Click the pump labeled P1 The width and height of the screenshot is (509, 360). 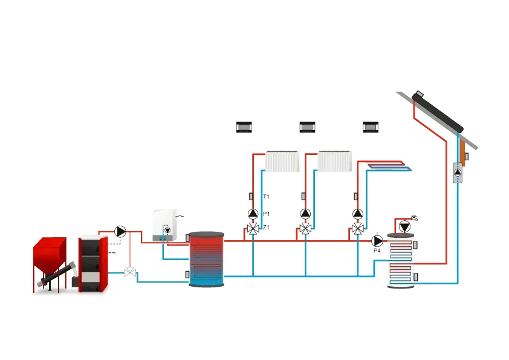point(253,214)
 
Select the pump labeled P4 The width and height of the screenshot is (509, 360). point(377,241)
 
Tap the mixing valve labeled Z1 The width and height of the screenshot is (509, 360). point(253,229)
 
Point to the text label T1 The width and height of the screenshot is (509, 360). point(266,197)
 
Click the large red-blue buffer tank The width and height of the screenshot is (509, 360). point(207,259)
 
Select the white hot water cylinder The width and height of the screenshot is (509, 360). point(401,261)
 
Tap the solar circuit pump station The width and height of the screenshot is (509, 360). point(458,172)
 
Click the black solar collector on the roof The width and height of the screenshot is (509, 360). point(437,111)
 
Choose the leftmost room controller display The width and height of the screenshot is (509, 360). point(244,127)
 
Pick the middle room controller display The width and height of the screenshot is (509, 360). point(307,127)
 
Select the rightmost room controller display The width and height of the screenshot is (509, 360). point(371,127)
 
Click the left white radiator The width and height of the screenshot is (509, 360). point(282,161)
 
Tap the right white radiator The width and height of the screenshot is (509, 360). point(334,161)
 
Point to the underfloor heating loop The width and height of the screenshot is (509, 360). point(389,166)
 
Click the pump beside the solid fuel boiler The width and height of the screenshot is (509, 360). point(120,232)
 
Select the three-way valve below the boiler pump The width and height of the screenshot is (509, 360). point(130,272)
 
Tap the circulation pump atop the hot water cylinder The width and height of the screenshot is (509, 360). point(404,226)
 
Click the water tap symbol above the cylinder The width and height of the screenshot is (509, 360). point(414,218)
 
